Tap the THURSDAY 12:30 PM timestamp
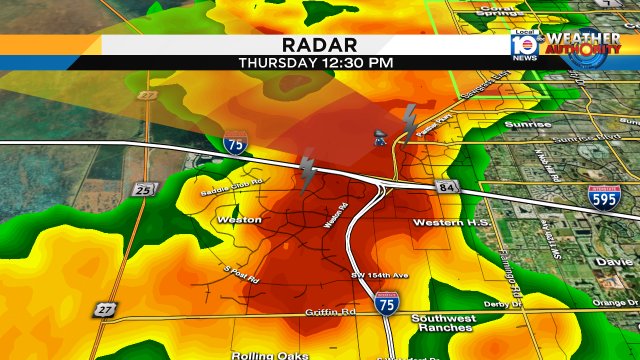(316, 62)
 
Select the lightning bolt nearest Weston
(309, 170)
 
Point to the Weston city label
(239, 219)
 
